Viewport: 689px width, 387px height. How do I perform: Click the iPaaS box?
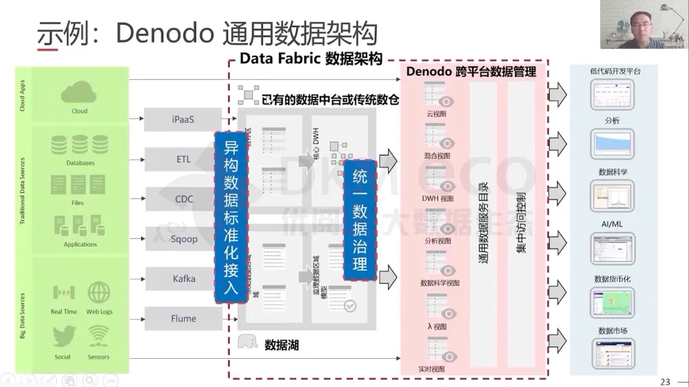183,119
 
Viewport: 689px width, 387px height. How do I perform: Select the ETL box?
183,159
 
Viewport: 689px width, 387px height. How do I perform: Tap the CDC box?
183,199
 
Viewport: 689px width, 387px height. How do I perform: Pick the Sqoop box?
183,239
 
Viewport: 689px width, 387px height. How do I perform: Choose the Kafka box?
183,279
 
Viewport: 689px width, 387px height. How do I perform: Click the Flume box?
183,319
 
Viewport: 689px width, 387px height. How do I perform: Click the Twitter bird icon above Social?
63,337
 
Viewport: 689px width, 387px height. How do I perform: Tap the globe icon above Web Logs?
99,292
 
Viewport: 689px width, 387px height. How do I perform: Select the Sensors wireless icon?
99,337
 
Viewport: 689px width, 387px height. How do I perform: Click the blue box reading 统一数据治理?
360,220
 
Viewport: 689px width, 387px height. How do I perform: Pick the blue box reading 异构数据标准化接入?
231,217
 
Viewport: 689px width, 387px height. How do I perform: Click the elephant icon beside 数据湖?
247,343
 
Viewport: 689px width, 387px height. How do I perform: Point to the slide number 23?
664,381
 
